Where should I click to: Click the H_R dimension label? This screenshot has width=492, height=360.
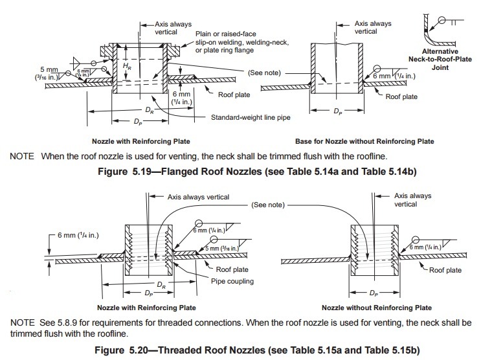pos(127,67)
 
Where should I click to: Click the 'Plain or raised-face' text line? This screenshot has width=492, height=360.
pos(226,34)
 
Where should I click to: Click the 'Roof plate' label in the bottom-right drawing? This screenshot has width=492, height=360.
pos(447,271)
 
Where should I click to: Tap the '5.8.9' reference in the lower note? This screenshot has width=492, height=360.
pos(73,322)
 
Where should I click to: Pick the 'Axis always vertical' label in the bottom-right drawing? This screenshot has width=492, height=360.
pos(414,199)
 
